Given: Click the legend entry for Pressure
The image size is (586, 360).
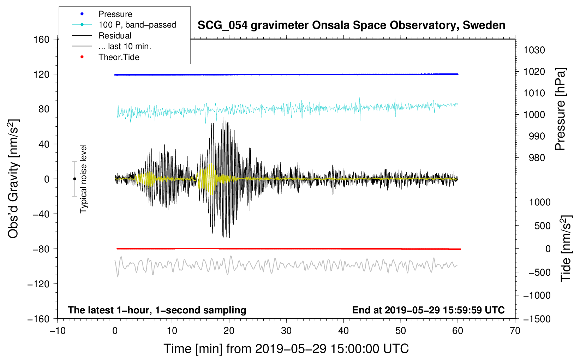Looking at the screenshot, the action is point(102,14).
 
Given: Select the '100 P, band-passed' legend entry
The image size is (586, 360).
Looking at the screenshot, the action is point(124,25).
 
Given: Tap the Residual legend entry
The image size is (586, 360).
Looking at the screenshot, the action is point(102,36).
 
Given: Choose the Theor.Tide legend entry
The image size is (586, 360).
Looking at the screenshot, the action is point(106,57).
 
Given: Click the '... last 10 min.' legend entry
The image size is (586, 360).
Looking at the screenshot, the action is point(112,46).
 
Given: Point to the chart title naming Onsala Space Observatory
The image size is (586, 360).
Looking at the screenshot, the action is point(351,25).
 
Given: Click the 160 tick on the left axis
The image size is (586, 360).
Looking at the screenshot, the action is point(42,40).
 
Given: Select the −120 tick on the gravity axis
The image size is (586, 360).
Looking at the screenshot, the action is point(38,284).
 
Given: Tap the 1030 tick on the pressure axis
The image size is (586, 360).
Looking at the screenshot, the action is point(534,50).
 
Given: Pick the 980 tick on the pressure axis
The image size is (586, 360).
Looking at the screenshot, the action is point(537,158).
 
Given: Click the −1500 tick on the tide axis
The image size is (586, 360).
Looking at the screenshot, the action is point(537,319).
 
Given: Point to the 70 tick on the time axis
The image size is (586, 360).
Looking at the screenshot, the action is point(515,331).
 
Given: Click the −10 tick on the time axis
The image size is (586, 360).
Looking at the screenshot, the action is point(58,331).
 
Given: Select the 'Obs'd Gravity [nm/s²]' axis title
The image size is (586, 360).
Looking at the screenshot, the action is point(13,179).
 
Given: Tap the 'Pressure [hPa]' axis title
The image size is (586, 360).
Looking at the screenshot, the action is point(560,109).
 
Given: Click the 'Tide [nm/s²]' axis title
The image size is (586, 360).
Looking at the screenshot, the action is point(566,248).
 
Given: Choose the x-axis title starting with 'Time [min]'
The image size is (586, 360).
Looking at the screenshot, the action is point(286,349).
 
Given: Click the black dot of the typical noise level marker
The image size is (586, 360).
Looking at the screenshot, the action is point(74,179).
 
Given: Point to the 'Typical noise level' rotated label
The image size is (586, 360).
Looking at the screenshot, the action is point(83,179).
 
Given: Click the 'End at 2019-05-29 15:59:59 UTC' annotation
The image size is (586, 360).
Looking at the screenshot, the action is point(428,310).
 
